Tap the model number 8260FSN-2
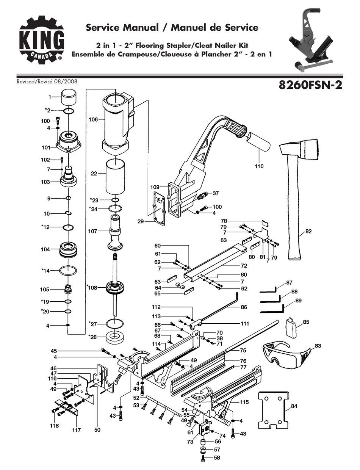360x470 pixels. (x=310, y=85)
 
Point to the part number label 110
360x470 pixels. (x=259, y=166)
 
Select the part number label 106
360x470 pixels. (x=93, y=119)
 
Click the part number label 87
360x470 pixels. (x=290, y=282)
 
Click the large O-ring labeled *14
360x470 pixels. (x=68, y=271)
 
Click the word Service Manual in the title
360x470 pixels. (x=122, y=27)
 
